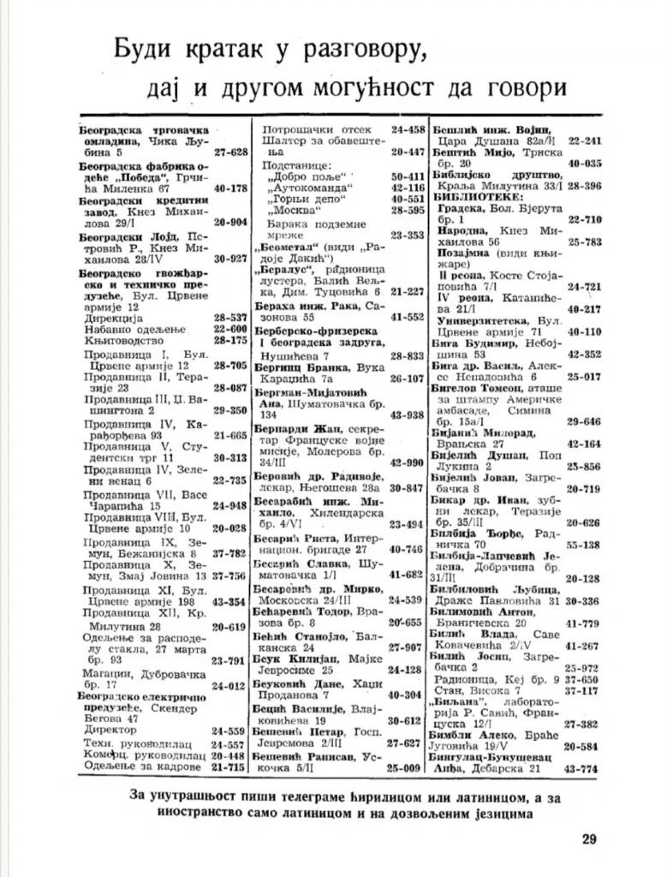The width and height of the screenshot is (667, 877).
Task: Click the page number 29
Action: [588, 838]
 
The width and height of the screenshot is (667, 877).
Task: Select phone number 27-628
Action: [230, 152]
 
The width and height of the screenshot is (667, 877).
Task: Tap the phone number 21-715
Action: [230, 768]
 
